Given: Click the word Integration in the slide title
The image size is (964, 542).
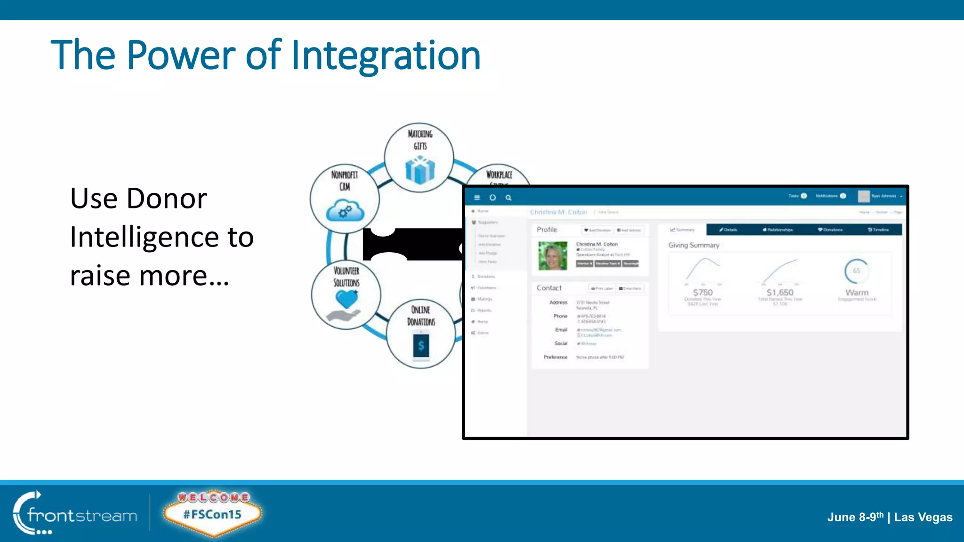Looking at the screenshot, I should [386, 56].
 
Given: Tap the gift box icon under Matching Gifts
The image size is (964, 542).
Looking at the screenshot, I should [420, 170].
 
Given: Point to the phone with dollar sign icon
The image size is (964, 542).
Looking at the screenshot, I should [421, 346].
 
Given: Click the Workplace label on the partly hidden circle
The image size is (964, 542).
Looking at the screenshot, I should [499, 175].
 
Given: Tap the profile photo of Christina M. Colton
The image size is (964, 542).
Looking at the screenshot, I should [553, 255].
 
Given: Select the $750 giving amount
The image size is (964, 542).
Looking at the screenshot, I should [702, 292].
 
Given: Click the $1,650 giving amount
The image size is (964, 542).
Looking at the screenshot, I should [779, 292].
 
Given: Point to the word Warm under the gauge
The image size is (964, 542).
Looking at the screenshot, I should [857, 292].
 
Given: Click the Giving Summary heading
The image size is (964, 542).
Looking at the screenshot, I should [693, 245].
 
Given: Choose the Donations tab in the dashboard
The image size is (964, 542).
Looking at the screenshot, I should [830, 230].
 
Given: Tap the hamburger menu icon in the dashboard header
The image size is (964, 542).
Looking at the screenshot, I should [477, 198].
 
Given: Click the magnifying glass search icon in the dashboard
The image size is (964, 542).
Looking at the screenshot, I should [508, 198].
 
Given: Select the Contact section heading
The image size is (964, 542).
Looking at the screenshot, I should [549, 288].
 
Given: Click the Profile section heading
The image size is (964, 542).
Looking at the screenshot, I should [546, 230].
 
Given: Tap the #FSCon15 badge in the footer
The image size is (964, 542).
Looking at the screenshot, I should [212, 514].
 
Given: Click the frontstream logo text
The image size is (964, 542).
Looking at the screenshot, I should [82, 516].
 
